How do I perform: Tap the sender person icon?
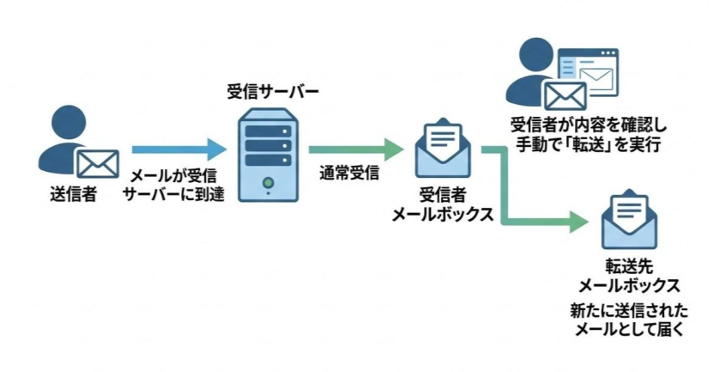tap(64, 137)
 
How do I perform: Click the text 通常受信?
tap(348, 172)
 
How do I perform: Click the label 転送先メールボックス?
tap(630, 277)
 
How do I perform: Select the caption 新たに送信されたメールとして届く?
tap(630, 318)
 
